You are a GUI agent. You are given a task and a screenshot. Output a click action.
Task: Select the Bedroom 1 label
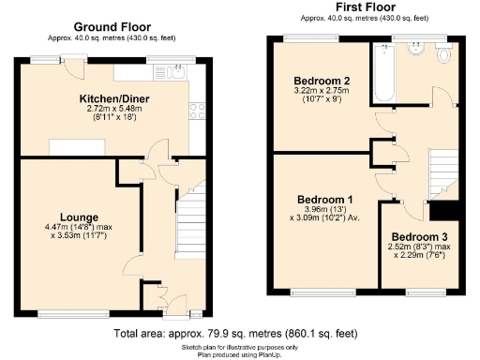(x=324, y=199)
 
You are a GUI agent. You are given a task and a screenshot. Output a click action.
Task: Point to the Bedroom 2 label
(x=321, y=81)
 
